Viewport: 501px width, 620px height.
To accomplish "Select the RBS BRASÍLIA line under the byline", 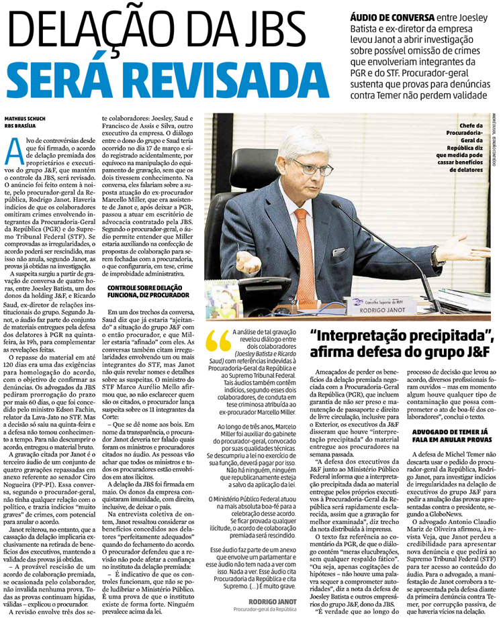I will [24, 125].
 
